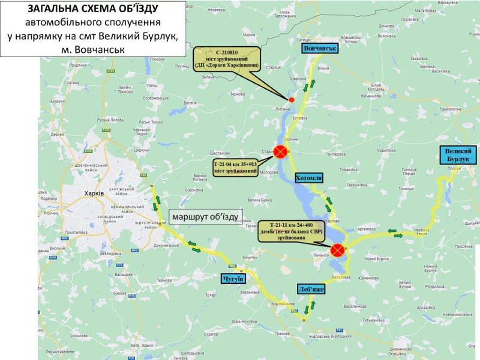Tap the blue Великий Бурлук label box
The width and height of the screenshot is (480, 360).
tap(460, 155)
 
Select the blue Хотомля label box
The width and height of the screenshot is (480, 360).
tap(310, 178)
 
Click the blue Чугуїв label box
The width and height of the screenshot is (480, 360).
tap(233, 279)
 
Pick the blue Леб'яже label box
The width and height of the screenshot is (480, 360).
tap(311, 289)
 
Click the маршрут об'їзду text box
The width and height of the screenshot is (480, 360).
tap(205, 216)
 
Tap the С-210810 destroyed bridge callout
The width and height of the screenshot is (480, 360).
tap(227, 59)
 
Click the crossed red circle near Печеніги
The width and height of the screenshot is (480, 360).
tap(338, 249)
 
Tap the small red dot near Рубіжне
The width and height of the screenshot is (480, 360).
tap(292, 99)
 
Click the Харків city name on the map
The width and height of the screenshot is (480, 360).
tap(95, 194)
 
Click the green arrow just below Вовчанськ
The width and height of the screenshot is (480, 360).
tap(307, 88)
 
